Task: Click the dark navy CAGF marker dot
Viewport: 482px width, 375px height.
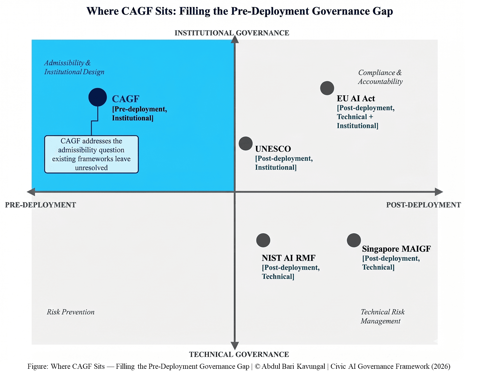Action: point(98,97)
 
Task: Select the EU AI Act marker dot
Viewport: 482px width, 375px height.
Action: point(327,88)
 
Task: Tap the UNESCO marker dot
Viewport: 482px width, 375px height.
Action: point(246,144)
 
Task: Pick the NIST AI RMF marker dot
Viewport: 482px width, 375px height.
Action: point(263,240)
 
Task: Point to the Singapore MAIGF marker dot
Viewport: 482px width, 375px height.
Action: point(354,240)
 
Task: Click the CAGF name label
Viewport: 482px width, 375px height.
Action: point(125,99)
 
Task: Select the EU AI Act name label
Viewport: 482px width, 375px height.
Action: point(356,98)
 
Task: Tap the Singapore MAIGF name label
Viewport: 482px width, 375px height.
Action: point(396,249)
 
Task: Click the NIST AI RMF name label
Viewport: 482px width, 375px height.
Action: point(288,258)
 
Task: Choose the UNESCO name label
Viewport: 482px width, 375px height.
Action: point(273,149)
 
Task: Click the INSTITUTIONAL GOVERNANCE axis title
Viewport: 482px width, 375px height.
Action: point(232,33)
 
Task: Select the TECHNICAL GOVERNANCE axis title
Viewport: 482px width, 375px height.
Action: point(239,354)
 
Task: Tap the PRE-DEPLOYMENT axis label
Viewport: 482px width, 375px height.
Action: point(41,205)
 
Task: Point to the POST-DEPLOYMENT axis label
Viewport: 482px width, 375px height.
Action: point(423,205)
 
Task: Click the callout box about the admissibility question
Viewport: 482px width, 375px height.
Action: point(91,154)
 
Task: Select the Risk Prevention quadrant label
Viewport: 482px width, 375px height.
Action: point(71,312)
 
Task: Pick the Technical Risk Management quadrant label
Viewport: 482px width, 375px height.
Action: point(382,316)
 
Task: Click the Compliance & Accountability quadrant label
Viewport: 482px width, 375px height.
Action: point(380,77)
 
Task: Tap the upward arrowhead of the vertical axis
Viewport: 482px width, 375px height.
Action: point(235,39)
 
